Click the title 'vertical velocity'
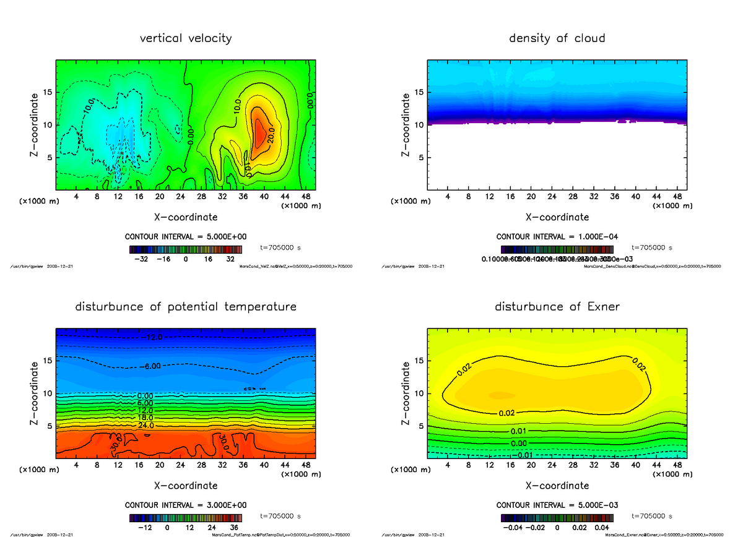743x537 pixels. pos(186,38)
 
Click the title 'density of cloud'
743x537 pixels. pos(557,38)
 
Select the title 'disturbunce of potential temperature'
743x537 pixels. pos(186,307)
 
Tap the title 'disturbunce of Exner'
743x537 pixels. pos(557,307)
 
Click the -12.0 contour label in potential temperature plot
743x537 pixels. pos(154,337)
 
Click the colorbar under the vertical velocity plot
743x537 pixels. pos(186,249)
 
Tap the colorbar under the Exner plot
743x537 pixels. pos(557,517)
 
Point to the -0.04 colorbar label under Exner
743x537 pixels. pos(511,528)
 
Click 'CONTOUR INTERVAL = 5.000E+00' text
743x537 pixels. pos(186,237)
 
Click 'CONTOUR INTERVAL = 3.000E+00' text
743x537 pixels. pos(186,505)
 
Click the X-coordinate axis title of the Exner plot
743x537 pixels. pos(557,486)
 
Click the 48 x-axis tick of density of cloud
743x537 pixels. pos(677,197)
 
